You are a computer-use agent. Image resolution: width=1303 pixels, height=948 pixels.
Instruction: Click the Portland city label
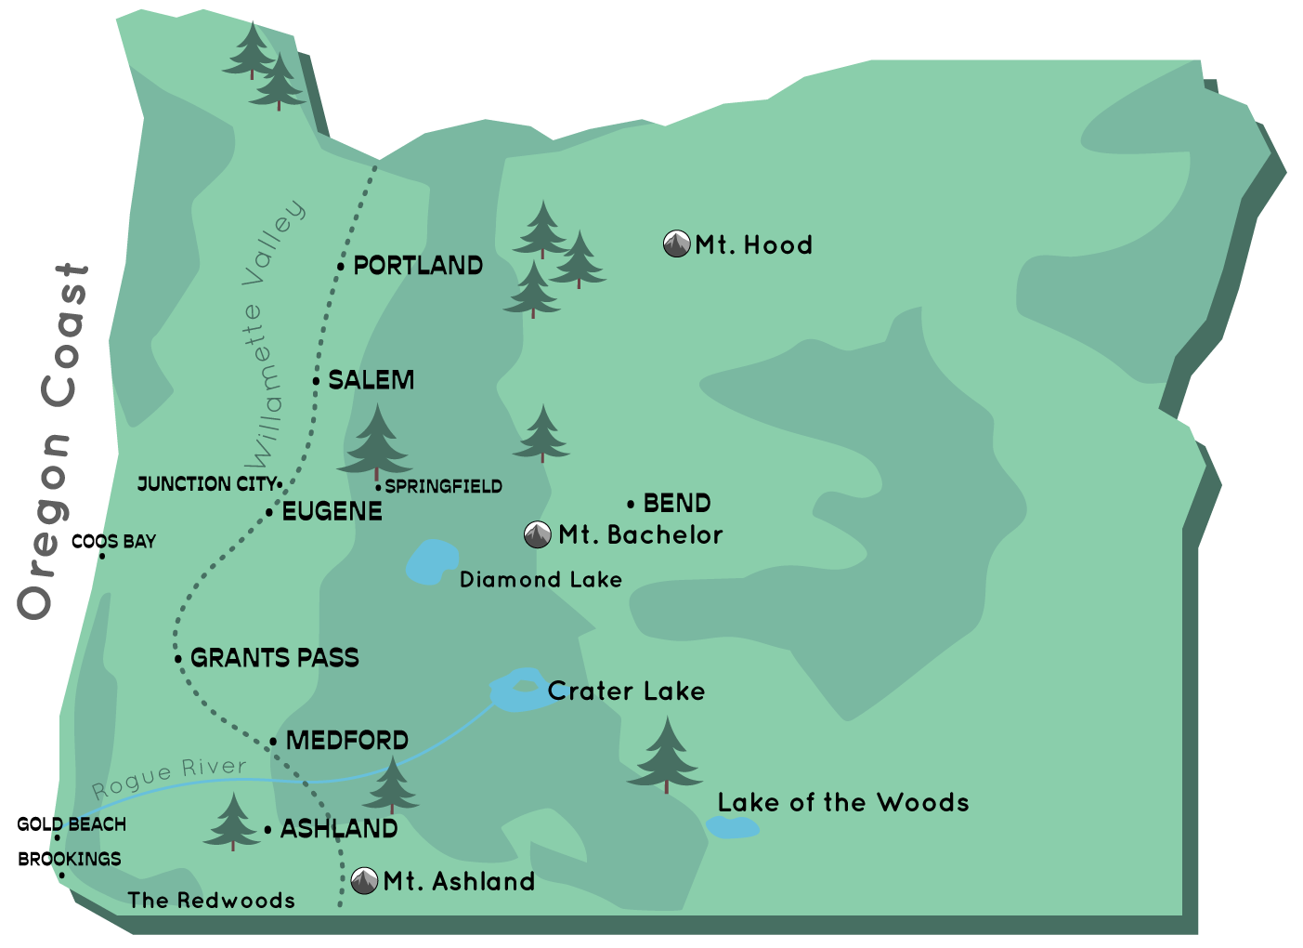tap(418, 266)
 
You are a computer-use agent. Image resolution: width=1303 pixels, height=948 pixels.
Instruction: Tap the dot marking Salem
tap(316, 381)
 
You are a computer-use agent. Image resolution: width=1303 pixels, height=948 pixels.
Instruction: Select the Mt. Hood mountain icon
tap(676, 244)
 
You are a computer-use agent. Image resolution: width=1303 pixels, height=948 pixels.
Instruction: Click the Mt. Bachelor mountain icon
tap(537, 535)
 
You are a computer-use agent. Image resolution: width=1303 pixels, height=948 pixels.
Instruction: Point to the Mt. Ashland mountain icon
tap(364, 880)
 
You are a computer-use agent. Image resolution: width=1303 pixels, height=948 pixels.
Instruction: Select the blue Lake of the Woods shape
tap(732, 827)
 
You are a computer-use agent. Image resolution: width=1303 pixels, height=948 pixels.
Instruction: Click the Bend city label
tap(677, 504)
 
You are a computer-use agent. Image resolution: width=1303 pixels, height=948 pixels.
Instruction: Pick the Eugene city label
tap(332, 512)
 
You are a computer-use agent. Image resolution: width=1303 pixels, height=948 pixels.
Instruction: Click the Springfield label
tap(443, 487)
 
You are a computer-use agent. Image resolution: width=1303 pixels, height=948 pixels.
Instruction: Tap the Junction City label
tap(206, 484)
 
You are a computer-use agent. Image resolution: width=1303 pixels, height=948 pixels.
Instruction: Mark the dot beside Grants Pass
tap(178, 659)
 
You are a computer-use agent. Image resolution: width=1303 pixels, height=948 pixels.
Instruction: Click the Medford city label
tap(346, 741)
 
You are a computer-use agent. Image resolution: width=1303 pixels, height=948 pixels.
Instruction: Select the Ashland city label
tap(338, 829)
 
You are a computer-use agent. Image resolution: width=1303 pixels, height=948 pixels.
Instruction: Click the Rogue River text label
tap(169, 778)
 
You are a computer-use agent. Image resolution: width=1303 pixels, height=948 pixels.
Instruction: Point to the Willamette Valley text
tap(271, 335)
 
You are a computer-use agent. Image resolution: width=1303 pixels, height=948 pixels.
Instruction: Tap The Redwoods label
tap(212, 901)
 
